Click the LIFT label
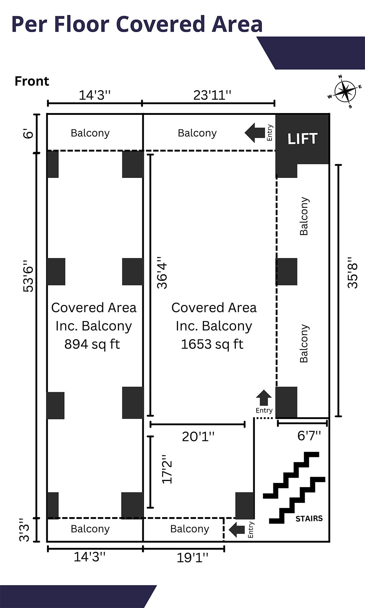302,139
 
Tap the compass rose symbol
345,92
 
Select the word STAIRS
309,518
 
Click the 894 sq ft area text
92,344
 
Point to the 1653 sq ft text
212,344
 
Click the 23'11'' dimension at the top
212,95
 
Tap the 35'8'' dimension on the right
352,273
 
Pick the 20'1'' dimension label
198,436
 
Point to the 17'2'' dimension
167,469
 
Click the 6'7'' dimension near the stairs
309,435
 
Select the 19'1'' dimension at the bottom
192,557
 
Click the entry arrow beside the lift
255,133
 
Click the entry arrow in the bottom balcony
237,530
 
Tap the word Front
32,81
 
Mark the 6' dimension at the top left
28,133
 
